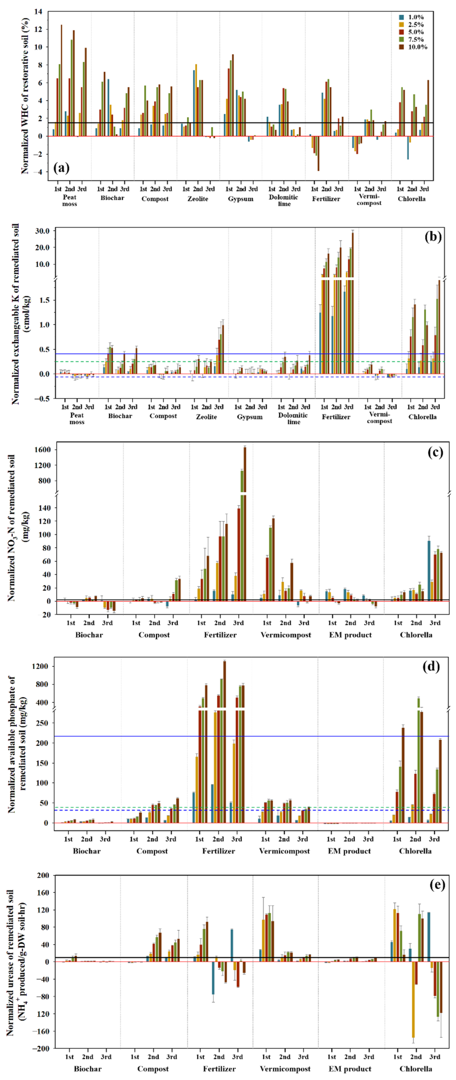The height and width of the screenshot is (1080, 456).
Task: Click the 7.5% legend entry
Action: click(x=415, y=39)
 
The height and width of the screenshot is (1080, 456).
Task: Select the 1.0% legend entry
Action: click(x=415, y=17)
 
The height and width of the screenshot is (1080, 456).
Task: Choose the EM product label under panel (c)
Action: click(x=350, y=635)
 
